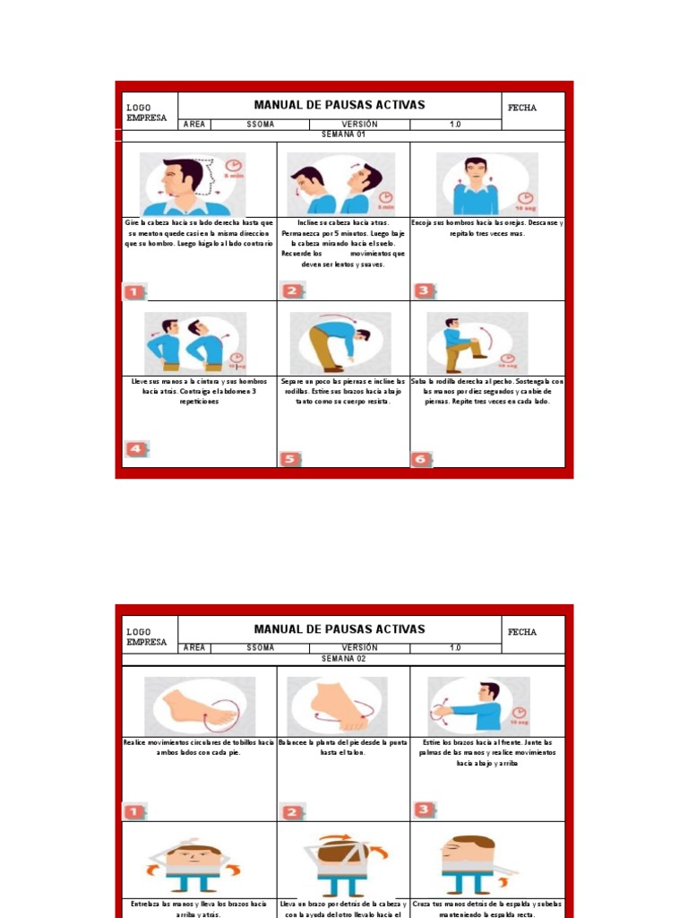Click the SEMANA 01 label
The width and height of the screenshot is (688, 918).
pos(344,134)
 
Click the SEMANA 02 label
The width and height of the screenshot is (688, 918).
pos(344,659)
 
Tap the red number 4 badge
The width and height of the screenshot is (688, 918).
pos(136,449)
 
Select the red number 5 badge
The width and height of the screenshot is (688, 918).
pos(289,459)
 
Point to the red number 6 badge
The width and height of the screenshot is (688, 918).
pos(422,459)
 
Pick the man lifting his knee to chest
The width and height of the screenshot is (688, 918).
pos(477,343)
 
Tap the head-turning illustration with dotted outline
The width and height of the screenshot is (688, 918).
pos(193,184)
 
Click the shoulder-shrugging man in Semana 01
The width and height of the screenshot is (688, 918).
pos(477,184)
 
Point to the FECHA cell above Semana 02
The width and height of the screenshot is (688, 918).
pos(522,632)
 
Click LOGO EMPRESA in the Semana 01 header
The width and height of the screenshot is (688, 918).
pos(146,112)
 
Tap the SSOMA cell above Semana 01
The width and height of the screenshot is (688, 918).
pos(261,124)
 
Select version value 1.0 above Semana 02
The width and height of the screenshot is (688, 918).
pos(455,648)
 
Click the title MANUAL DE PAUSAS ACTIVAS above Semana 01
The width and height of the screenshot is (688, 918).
pos(340,105)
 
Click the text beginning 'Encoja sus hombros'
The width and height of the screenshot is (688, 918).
pos(487,228)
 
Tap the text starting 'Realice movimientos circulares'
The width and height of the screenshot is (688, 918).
pos(199,748)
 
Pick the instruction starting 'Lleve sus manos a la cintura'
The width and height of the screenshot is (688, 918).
pos(199,391)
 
